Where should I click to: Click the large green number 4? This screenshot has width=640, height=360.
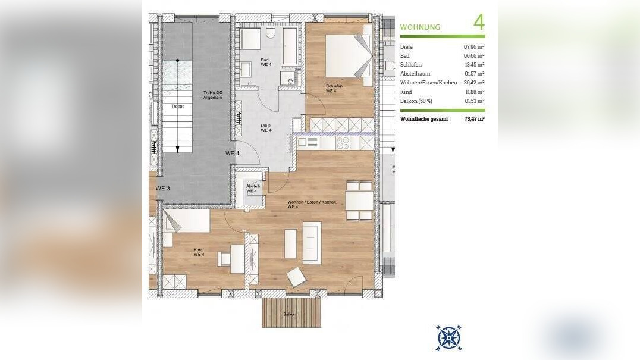click(x=479, y=23)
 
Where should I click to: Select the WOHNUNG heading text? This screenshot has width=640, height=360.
click(x=420, y=27)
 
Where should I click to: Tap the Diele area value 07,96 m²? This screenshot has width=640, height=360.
click(x=473, y=46)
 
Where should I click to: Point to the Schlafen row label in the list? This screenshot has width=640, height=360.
click(x=411, y=64)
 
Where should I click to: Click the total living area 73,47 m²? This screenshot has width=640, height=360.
click(x=473, y=119)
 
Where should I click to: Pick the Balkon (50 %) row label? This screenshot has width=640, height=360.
click(x=416, y=101)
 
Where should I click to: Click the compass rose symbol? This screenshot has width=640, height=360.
click(x=448, y=338)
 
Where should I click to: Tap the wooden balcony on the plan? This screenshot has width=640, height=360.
click(x=291, y=312)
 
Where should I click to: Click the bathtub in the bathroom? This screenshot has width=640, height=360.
click(x=291, y=45)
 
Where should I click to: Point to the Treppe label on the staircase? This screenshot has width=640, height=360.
click(x=178, y=107)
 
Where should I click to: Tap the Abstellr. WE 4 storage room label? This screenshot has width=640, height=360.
click(x=252, y=189)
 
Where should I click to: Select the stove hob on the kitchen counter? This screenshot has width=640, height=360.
click(x=343, y=143)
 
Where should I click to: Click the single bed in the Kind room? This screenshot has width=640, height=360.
click(x=186, y=223)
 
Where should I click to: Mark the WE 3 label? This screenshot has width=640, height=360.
click(x=162, y=189)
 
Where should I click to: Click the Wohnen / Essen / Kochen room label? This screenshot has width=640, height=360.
click(x=312, y=204)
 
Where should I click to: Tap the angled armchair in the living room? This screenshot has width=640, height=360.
click(x=296, y=277)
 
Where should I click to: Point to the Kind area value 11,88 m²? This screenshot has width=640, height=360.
click(x=473, y=92)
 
